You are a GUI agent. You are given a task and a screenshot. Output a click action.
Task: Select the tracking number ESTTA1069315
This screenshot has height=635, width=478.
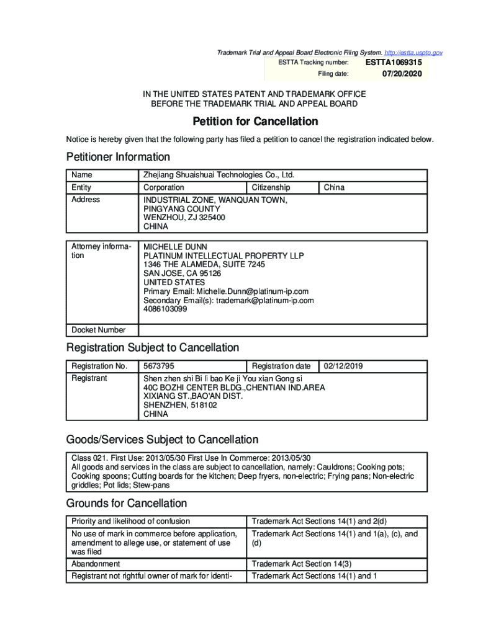click(x=394, y=63)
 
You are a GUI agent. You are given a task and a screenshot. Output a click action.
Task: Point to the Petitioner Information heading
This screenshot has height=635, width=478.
click(x=118, y=157)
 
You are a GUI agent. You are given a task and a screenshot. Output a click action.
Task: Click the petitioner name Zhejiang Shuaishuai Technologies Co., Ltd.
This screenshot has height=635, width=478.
click(x=219, y=175)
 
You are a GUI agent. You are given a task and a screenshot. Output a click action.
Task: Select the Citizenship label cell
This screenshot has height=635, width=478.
click(x=271, y=187)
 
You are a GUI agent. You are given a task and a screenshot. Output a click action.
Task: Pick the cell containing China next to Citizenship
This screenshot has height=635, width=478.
click(x=335, y=187)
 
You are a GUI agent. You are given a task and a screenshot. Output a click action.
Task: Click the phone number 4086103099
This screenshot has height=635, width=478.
click(x=165, y=309)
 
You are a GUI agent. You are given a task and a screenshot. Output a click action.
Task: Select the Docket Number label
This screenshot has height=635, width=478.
click(x=99, y=330)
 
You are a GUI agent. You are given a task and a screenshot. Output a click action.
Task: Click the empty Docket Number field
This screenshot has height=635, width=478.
click(x=282, y=330)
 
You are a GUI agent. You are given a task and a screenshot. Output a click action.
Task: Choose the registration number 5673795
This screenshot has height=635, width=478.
click(x=159, y=366)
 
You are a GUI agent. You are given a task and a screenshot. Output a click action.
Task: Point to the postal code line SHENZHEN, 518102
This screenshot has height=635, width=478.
click(x=180, y=405)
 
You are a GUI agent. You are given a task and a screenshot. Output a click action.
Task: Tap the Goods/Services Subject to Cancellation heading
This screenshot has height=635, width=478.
click(x=162, y=440)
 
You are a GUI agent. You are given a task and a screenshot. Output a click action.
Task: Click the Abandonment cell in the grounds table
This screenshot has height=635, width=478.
click(x=96, y=564)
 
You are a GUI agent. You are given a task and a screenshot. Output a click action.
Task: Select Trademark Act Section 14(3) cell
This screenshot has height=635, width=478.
click(x=302, y=564)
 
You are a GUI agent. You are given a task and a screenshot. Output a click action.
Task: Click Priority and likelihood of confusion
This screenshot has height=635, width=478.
click(x=130, y=521)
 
